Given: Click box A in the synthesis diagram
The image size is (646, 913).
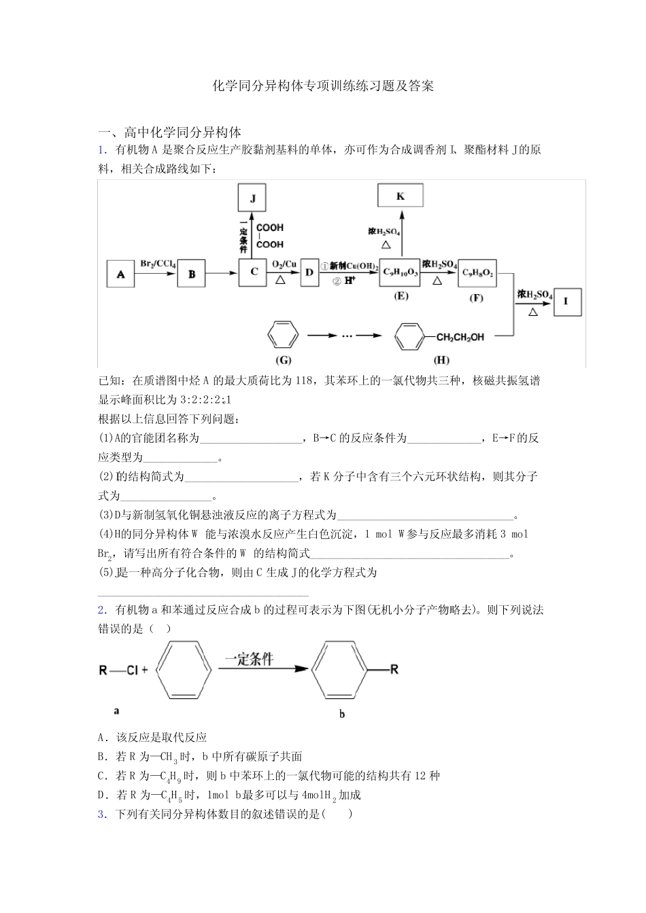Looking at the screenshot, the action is pos(121,274).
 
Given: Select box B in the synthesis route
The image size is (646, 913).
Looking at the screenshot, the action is pos(192,274).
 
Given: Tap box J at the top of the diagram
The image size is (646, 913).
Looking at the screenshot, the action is pos(252,198).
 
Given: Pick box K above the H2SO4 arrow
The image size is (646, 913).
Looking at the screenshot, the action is pos(401,196).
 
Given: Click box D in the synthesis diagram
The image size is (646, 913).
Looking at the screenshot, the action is pos(309,272).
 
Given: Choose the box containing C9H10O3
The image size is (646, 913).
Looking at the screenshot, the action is pos(401,272).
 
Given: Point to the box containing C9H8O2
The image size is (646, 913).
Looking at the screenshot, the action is pos(477,272).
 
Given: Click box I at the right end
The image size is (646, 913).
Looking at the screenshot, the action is pos(566,301).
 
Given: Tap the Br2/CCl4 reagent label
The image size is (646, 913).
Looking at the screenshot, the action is pos(158,264).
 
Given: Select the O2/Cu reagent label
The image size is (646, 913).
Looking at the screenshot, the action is pos(284,264).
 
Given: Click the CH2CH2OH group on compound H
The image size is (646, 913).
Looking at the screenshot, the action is pos(460,337).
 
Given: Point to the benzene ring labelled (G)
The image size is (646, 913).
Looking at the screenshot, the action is pos(282,335).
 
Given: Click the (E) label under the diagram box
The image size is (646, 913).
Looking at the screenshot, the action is pos(401,296).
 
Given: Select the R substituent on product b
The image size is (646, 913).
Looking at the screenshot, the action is pos(394,670).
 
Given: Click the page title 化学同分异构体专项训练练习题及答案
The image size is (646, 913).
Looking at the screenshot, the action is pos(323,86).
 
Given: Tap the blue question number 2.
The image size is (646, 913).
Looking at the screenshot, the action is pos(101,610).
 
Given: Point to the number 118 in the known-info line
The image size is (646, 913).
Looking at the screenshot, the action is pos(304,380).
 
